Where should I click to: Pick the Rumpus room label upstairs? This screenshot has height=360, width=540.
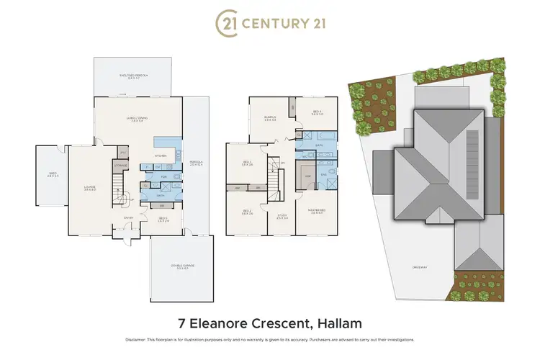[x=270, y=119]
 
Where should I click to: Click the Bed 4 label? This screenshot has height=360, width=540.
[x=318, y=112]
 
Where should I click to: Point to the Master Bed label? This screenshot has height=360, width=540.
[x=318, y=211]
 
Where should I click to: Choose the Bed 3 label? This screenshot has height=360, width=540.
[x=246, y=163]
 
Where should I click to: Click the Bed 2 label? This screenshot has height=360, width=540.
[x=246, y=212]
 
